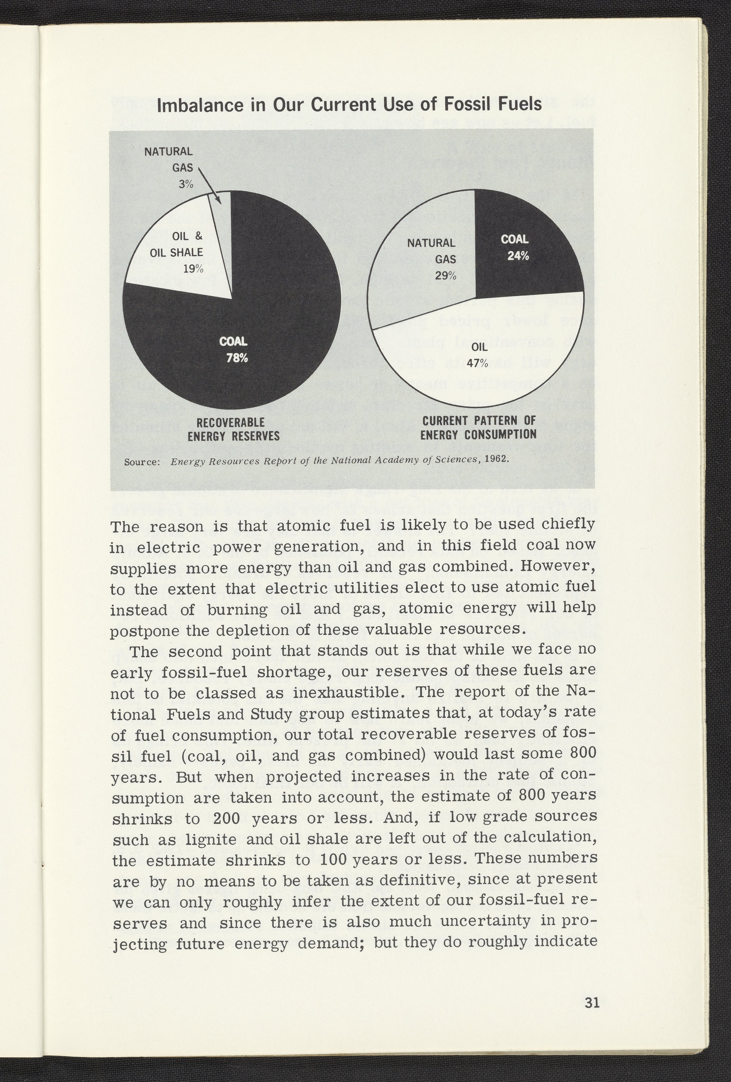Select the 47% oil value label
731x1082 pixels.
coord(477,364)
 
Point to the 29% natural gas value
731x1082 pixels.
coord(446,276)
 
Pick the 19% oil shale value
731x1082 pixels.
coord(193,269)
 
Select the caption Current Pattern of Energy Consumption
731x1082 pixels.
coord(478,427)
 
